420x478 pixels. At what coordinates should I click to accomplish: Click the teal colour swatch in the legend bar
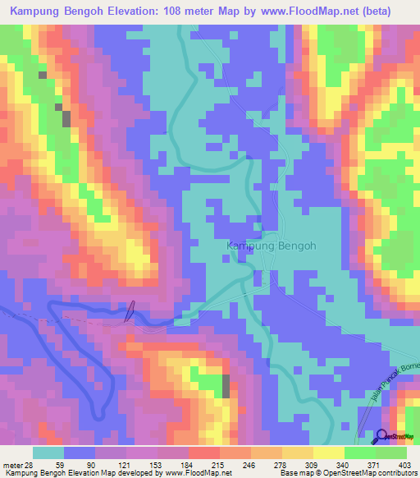click(x=48, y=453)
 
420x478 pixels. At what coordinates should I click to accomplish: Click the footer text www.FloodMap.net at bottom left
click(x=198, y=473)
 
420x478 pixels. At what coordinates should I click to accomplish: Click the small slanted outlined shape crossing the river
click(x=129, y=311)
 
